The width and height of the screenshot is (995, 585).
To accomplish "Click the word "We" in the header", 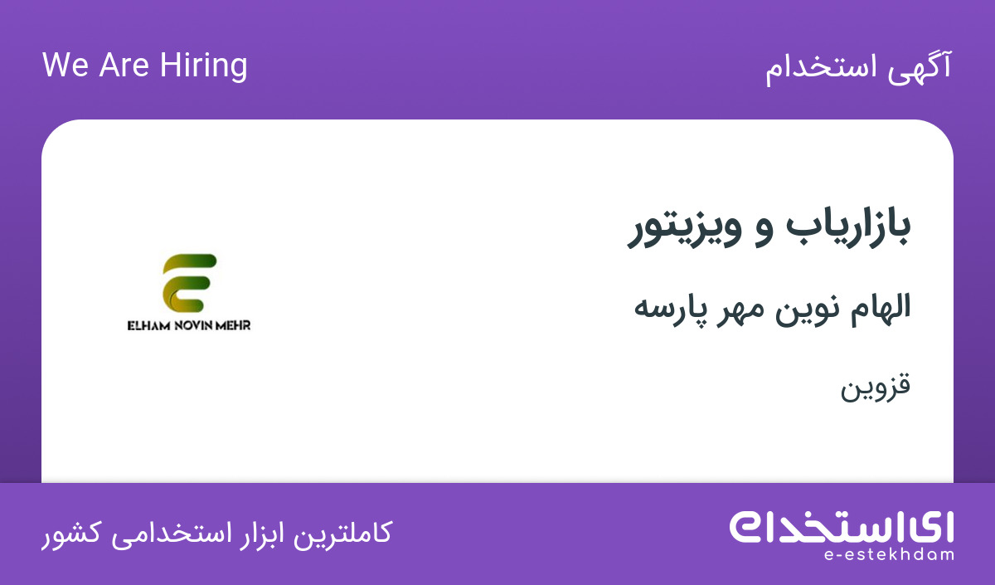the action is click(66, 65).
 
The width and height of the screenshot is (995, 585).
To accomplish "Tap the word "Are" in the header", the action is click(124, 65).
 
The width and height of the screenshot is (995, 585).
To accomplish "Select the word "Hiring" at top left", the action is click(203, 66).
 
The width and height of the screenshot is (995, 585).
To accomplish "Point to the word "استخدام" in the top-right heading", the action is click(822, 69).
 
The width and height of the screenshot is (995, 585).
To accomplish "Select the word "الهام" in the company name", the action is click(881, 308).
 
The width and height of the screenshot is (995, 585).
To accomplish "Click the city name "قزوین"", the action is click(875, 387).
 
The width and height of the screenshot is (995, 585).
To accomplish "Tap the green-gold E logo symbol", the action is click(190, 283).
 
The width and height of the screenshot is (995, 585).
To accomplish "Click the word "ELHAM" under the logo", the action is click(148, 326).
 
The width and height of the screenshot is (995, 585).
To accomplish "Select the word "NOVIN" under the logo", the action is click(196, 326).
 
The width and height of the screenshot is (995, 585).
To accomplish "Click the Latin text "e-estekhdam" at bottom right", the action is click(889, 555).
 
